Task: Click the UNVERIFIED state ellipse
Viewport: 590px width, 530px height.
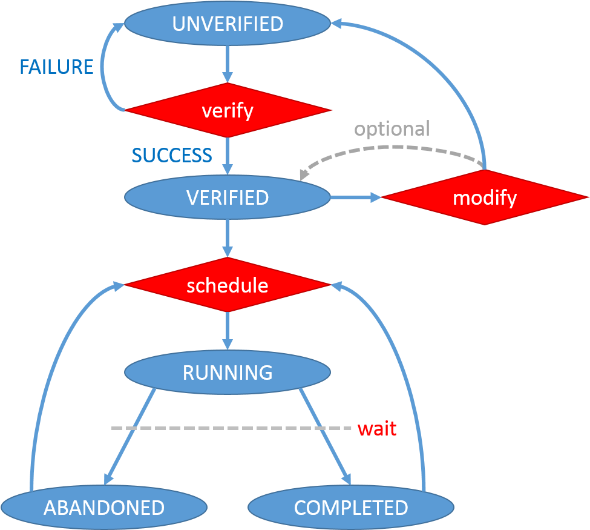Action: click(x=228, y=24)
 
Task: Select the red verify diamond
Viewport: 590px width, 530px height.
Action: click(x=228, y=110)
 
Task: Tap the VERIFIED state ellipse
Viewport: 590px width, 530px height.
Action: click(x=228, y=197)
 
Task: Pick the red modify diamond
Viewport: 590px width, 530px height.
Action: click(x=485, y=197)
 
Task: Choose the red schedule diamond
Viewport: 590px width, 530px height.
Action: click(x=228, y=285)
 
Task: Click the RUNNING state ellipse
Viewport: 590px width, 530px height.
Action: click(x=228, y=372)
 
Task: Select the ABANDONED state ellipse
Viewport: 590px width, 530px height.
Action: click(x=104, y=507)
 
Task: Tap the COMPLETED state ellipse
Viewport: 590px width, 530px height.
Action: click(x=351, y=507)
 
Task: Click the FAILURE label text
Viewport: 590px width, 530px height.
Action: click(x=56, y=67)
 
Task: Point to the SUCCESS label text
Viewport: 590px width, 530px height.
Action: click(x=172, y=155)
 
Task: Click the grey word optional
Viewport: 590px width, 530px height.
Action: click(x=392, y=129)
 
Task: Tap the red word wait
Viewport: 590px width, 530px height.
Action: click(x=377, y=429)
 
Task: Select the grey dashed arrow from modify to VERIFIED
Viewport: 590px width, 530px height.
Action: click(x=392, y=148)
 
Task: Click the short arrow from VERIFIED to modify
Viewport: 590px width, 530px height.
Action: click(x=356, y=197)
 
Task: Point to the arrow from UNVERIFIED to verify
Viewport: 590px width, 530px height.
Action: click(x=228, y=64)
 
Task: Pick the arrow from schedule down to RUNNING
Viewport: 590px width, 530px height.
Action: click(x=228, y=331)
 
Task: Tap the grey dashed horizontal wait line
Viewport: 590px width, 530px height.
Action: click(x=231, y=428)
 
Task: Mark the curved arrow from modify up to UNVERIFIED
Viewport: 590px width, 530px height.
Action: click(x=433, y=68)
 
